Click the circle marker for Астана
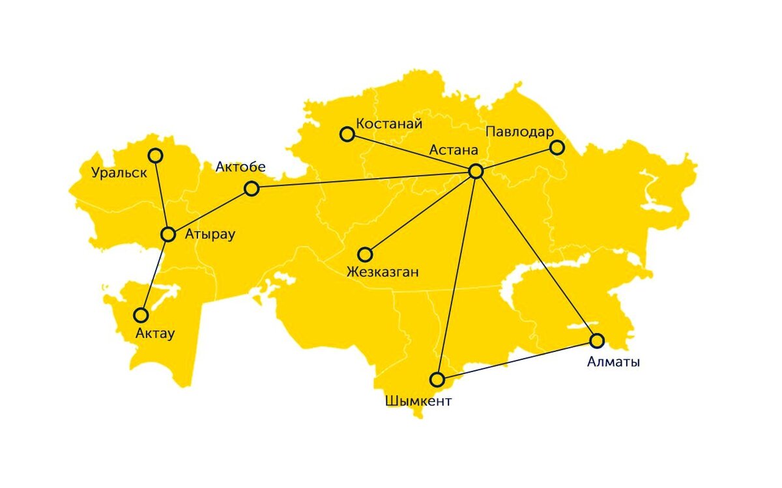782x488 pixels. click(x=476, y=171)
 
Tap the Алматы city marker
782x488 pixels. click(x=597, y=340)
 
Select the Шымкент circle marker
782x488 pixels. click(x=437, y=379)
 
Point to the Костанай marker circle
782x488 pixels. click(x=347, y=134)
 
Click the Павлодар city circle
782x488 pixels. click(x=557, y=147)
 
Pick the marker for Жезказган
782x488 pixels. click(x=365, y=254)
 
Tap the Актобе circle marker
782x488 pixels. click(x=252, y=189)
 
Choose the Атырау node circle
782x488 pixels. click(x=168, y=234)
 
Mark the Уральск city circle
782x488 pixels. click(x=155, y=156)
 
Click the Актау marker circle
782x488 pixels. click(x=141, y=316)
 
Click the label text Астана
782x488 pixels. click(x=454, y=150)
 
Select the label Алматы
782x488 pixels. click(x=613, y=362)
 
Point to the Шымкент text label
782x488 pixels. click(x=418, y=401)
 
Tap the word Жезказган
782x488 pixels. click(x=383, y=272)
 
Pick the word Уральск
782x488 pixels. click(x=119, y=174)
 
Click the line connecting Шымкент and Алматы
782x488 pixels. click(x=517, y=360)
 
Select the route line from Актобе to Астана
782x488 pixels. click(x=364, y=180)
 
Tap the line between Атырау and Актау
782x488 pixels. click(x=154, y=275)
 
